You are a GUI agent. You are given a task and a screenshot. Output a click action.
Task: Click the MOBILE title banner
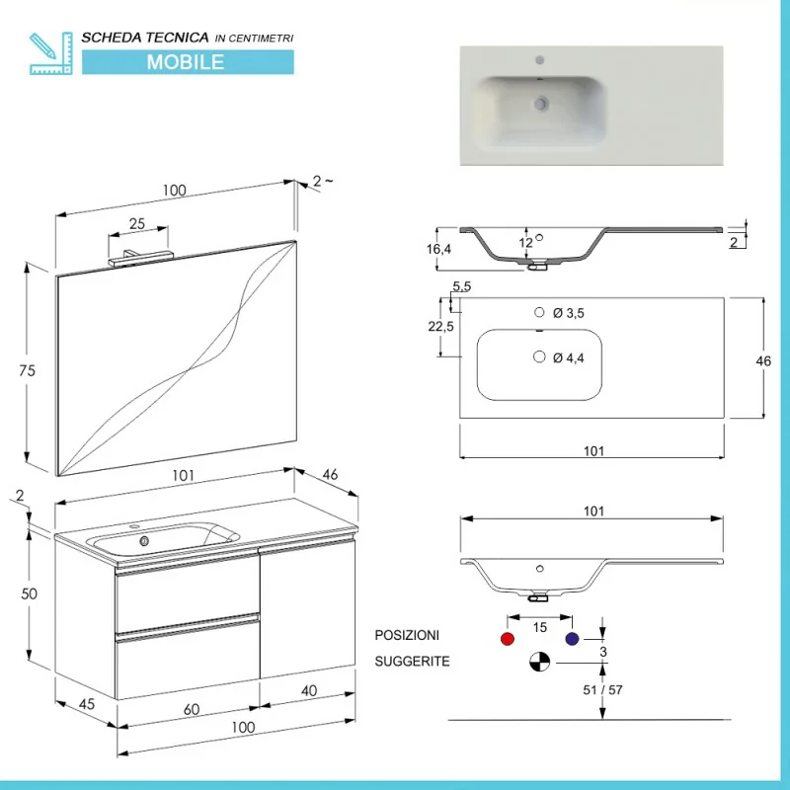point(188,62)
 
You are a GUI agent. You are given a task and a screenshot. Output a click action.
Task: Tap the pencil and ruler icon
point(51,53)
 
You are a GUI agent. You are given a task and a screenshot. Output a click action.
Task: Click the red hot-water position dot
point(508,639)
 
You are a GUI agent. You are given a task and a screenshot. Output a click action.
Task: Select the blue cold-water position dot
point(572,639)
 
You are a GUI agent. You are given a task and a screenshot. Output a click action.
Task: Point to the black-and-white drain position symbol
point(539,662)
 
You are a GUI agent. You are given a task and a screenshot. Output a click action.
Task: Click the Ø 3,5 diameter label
point(569,313)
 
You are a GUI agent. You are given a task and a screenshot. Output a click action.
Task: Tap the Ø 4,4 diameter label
point(569,358)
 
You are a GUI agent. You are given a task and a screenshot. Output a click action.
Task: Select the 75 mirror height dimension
point(28,371)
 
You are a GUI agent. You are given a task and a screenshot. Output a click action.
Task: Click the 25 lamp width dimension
point(137,224)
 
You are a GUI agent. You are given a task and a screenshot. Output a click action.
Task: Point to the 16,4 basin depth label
point(438,249)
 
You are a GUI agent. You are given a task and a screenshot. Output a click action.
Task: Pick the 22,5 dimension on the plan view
point(440,327)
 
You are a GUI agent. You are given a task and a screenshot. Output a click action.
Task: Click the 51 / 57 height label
point(602,689)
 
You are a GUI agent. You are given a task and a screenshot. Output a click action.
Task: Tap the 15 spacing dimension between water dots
point(539,627)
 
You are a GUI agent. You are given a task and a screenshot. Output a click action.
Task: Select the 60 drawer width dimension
point(192,709)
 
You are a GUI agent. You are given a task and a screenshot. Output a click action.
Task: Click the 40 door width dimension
point(309,690)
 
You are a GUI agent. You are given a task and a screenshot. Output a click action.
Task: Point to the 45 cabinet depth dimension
point(87,704)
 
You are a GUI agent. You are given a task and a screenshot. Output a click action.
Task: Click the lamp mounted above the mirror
point(140,258)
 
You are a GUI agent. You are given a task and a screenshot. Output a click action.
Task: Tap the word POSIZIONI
point(407,635)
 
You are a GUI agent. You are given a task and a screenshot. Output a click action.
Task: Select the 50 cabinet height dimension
point(30,594)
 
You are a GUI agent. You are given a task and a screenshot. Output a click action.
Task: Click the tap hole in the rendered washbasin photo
point(539,60)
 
